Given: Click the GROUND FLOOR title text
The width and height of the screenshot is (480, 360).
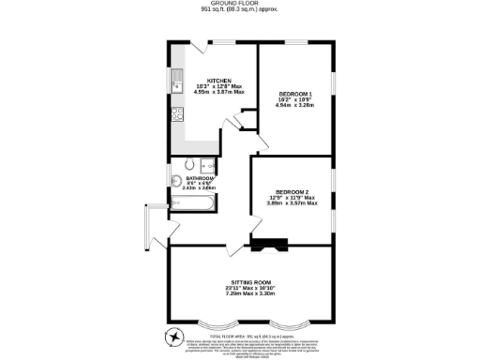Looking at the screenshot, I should [x=239, y=3].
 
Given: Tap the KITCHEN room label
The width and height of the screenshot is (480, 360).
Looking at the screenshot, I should [x=219, y=81].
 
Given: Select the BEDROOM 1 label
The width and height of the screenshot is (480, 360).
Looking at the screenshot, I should [x=295, y=94].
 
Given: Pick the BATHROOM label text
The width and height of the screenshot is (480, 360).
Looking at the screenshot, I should [x=200, y=178].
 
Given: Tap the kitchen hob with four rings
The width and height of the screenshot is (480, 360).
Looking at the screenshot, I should [x=175, y=117].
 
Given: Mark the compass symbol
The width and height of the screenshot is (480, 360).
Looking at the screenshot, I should [x=172, y=336].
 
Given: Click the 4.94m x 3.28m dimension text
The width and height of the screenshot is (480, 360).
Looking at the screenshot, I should [x=295, y=105].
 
